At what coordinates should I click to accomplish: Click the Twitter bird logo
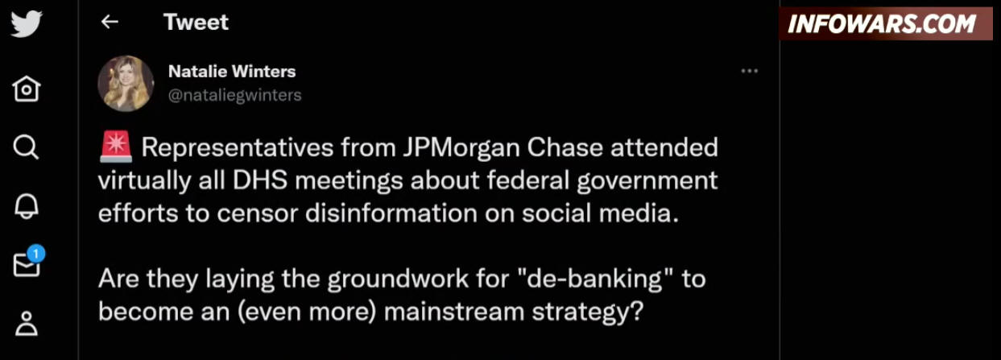(x=27, y=23)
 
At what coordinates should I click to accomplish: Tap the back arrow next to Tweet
(x=110, y=22)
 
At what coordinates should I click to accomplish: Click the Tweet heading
(x=196, y=22)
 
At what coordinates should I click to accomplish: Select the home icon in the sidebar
(x=27, y=89)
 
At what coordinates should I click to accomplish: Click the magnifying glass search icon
(x=26, y=147)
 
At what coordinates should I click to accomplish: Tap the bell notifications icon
(x=27, y=206)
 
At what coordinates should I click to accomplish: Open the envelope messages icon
(x=27, y=265)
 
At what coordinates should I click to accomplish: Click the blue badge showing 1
(x=35, y=254)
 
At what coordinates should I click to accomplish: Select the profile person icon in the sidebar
(x=27, y=324)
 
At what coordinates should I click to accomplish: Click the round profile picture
(x=126, y=83)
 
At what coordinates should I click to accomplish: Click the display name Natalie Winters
(x=232, y=72)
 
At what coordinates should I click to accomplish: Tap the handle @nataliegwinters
(x=234, y=95)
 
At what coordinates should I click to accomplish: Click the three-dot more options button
(x=750, y=71)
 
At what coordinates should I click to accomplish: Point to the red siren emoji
(x=116, y=147)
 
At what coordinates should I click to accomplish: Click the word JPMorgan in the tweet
(x=461, y=148)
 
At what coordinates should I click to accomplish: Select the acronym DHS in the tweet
(x=259, y=180)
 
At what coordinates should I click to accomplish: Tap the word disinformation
(x=391, y=213)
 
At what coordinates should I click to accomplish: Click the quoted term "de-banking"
(x=595, y=279)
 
